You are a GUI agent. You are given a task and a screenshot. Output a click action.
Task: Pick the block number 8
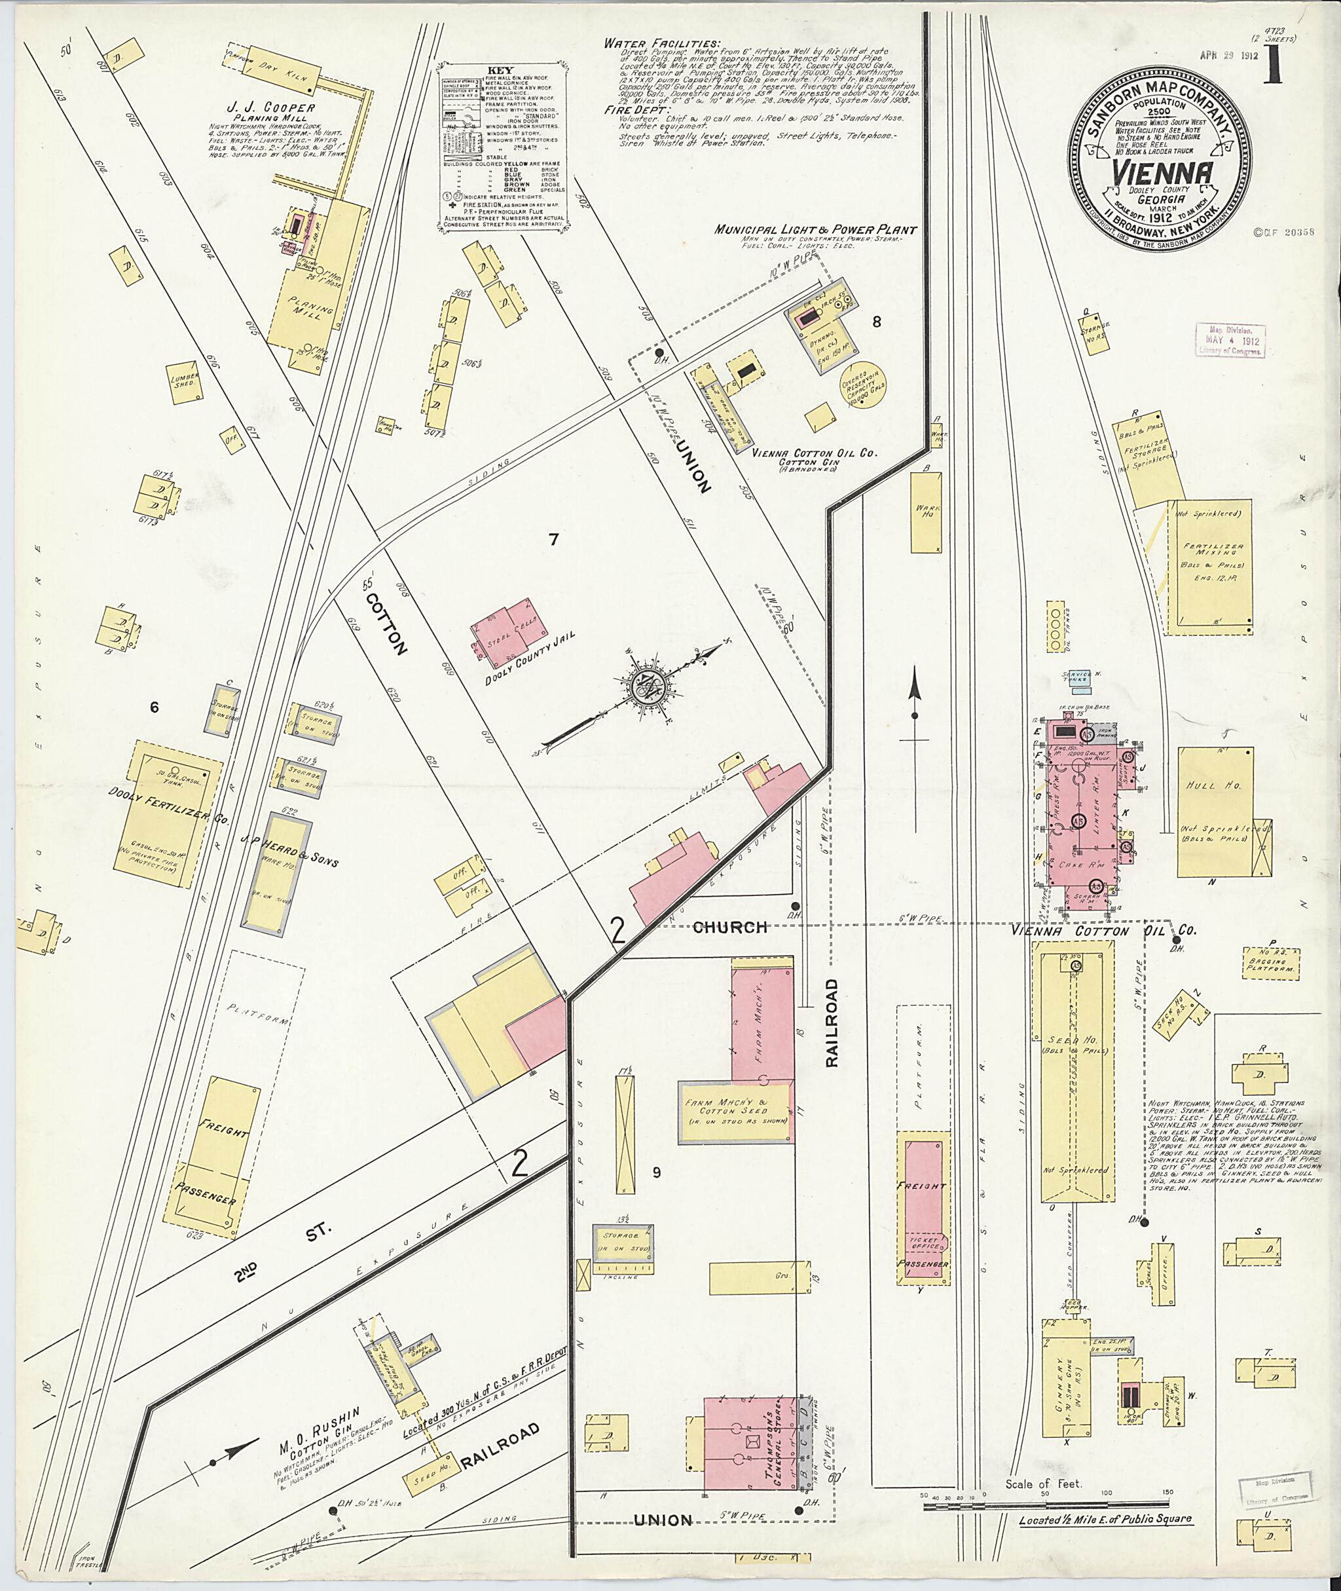click(x=877, y=322)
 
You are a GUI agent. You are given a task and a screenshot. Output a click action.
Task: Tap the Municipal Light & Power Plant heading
click(x=815, y=230)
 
